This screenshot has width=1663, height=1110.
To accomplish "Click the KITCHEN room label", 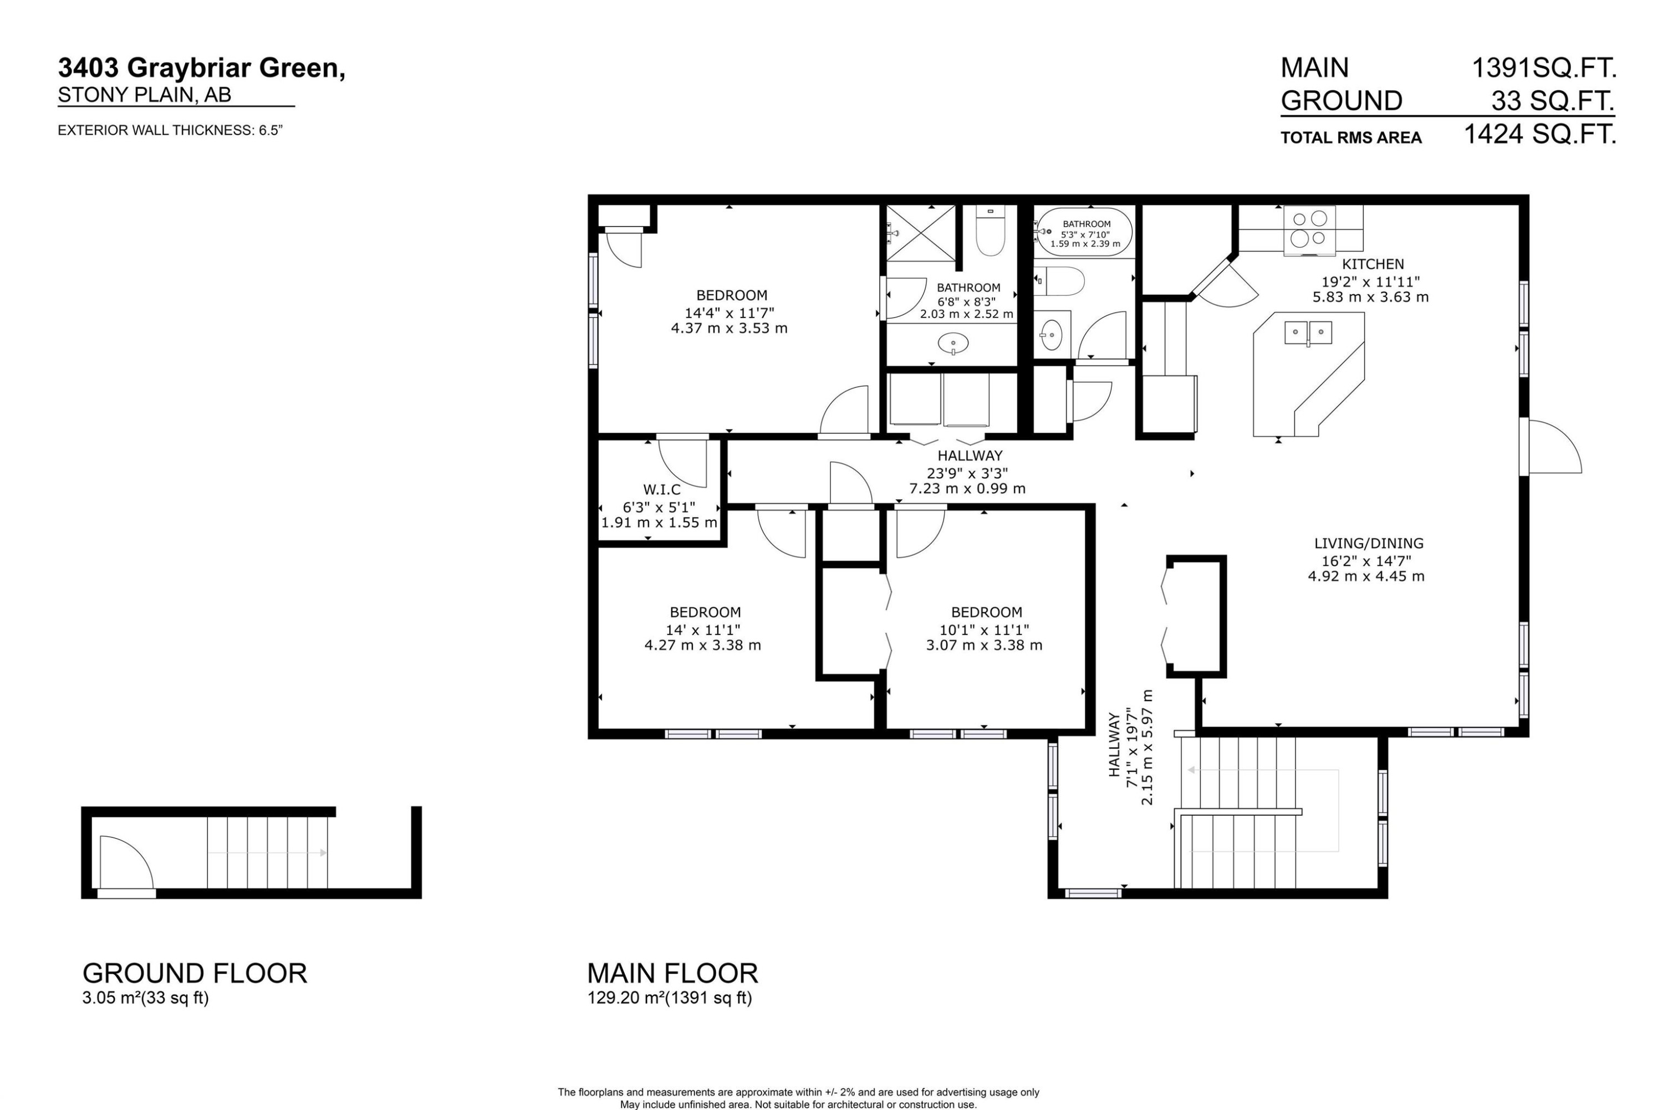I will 1372,264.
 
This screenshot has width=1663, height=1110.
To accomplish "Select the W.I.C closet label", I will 661,490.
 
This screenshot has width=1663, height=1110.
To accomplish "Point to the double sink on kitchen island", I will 1308,332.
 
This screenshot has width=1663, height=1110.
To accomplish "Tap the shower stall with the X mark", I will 920,233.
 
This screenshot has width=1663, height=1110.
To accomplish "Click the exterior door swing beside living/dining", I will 1554,447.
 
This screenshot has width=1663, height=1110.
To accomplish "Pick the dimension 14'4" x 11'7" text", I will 728,312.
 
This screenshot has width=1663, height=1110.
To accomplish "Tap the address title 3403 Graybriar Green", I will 202,69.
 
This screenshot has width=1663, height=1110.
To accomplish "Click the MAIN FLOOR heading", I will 672,973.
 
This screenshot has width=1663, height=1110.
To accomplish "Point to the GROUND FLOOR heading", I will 195,973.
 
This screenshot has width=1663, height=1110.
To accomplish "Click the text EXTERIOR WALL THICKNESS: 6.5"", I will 170,130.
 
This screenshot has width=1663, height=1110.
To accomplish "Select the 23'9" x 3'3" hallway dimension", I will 967,473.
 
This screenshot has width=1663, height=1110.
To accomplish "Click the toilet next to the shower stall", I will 989,232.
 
